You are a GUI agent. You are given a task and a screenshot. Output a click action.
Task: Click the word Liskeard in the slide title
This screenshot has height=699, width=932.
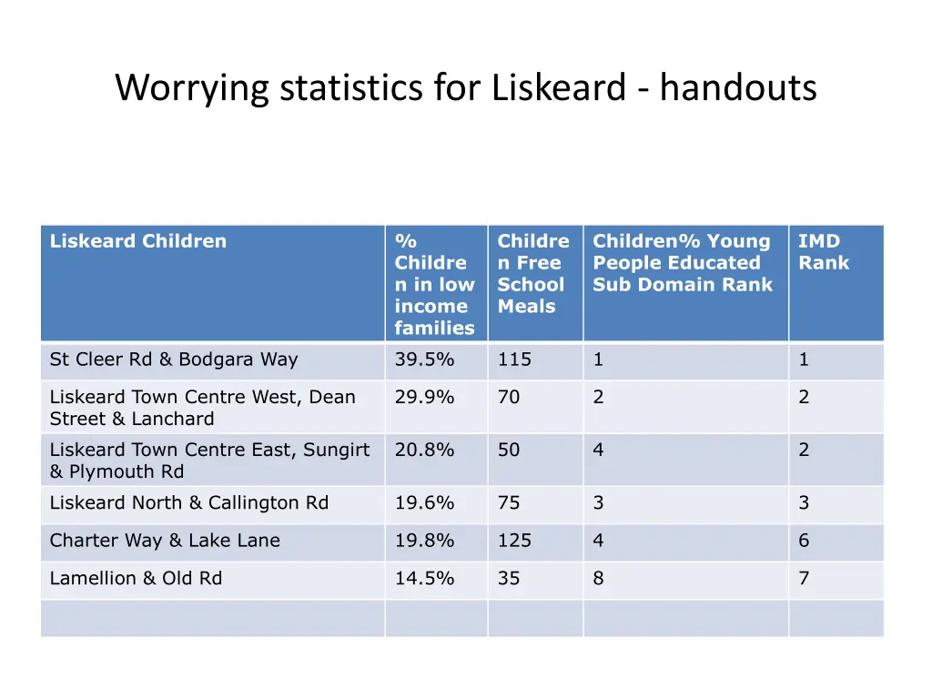pos(558,88)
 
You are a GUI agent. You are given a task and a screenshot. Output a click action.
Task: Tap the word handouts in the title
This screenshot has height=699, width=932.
pos(738,88)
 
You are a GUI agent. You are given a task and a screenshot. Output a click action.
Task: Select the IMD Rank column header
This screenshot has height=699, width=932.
pos(823,252)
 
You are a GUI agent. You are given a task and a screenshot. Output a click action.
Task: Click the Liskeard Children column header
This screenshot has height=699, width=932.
pos(138,241)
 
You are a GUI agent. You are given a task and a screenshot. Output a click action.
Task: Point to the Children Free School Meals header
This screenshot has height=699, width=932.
pos(532,273)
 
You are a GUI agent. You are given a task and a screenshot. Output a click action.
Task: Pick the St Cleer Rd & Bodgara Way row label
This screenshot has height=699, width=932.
pos(174,360)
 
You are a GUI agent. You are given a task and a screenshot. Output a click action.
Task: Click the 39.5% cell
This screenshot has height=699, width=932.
pos(424,360)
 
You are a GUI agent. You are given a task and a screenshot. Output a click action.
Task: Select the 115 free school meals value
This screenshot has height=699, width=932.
pos(514,360)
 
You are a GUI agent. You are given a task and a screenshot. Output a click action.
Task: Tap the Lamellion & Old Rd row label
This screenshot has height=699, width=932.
pos(136,578)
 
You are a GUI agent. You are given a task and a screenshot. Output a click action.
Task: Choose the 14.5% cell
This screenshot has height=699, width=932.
pos(424,578)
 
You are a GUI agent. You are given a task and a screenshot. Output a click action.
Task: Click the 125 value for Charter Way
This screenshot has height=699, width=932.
pos(514,541)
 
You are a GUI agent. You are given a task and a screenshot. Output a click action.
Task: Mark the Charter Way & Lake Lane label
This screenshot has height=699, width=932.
pos(165,541)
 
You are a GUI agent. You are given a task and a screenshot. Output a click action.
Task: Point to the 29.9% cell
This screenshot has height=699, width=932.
pos(424,397)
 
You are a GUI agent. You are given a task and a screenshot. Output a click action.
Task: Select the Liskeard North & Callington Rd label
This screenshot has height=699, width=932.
pos(189,502)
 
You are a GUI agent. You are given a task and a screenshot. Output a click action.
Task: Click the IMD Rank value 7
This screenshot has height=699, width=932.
pos(804,578)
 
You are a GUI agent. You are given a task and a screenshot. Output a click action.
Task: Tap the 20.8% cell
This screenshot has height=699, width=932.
pos(424,450)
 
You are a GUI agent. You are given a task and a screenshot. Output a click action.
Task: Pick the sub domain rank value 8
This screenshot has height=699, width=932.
pos(598,578)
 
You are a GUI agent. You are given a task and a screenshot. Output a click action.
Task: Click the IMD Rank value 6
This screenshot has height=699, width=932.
pos(804,541)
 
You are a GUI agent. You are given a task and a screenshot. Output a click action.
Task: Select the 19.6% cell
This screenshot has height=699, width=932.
pos(424,502)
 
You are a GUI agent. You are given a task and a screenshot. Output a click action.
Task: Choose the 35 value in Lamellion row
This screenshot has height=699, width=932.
pos(509,578)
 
